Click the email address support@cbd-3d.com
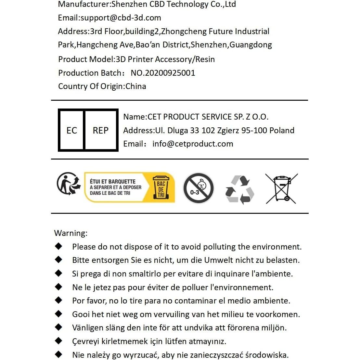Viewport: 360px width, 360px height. (x=121, y=18)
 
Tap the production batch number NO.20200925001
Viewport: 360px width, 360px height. (x=163, y=73)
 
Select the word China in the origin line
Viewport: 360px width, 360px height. (x=136, y=86)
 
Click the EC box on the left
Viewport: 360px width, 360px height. (x=71, y=131)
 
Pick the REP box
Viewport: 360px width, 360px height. (x=101, y=131)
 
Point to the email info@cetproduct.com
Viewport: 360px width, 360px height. (x=193, y=144)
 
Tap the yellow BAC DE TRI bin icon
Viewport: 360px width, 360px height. (x=161, y=187)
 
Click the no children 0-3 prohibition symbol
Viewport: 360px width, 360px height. (x=198, y=188)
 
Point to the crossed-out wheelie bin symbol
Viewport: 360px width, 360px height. (x=281, y=189)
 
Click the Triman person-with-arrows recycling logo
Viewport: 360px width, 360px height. (x=69, y=184)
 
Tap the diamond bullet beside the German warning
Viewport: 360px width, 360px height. (x=58, y=260)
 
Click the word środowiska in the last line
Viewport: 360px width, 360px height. (x=266, y=355)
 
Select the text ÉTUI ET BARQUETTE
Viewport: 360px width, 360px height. (x=113, y=182)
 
